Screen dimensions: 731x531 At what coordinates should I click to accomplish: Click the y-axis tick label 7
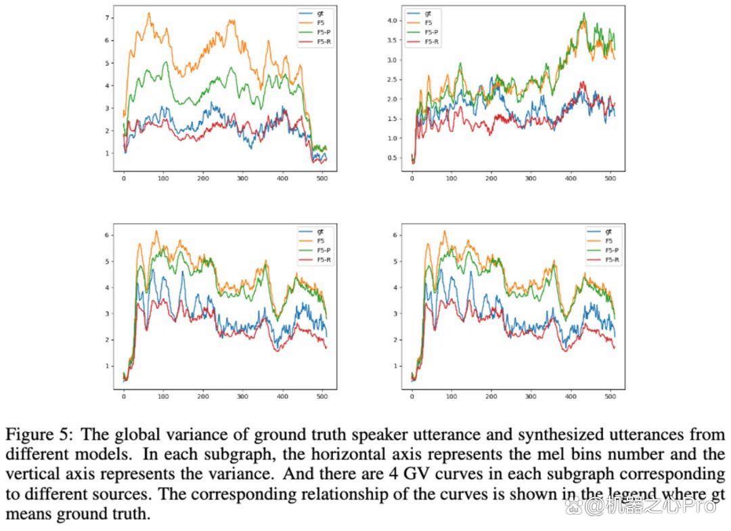point(107,18)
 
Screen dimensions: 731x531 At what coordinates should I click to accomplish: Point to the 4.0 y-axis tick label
point(392,20)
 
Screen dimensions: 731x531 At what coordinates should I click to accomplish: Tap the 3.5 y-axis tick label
point(392,40)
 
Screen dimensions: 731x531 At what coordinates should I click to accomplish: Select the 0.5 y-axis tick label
point(392,158)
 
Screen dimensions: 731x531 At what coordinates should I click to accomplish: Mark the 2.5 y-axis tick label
point(392,79)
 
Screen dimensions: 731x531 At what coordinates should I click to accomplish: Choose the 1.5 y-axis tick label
point(392,119)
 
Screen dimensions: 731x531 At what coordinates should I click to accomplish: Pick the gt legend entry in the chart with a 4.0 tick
point(419,14)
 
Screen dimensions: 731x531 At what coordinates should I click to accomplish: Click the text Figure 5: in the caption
point(39,435)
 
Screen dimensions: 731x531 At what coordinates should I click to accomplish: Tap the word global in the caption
point(137,435)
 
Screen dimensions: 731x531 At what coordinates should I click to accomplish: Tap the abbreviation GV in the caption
point(413,474)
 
